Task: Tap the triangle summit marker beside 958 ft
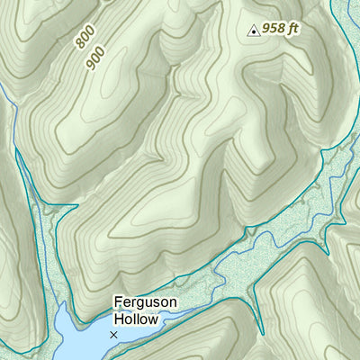click(x=254, y=31)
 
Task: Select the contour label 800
click(x=85, y=37)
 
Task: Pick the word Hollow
click(x=136, y=319)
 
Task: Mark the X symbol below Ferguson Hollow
click(x=113, y=335)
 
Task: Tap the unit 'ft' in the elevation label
click(x=292, y=28)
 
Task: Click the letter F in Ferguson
click(x=118, y=303)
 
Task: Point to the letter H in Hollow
click(x=118, y=319)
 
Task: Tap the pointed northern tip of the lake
click(x=62, y=306)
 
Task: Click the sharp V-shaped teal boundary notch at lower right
click(x=256, y=290)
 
